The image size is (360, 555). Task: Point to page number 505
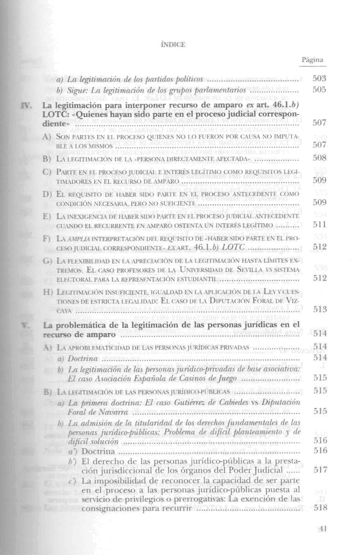click(319, 90)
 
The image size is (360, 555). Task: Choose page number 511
click(319, 225)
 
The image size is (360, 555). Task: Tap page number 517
click(319, 470)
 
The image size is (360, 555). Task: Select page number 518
click(319, 508)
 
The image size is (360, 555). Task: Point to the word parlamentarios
click(220, 90)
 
